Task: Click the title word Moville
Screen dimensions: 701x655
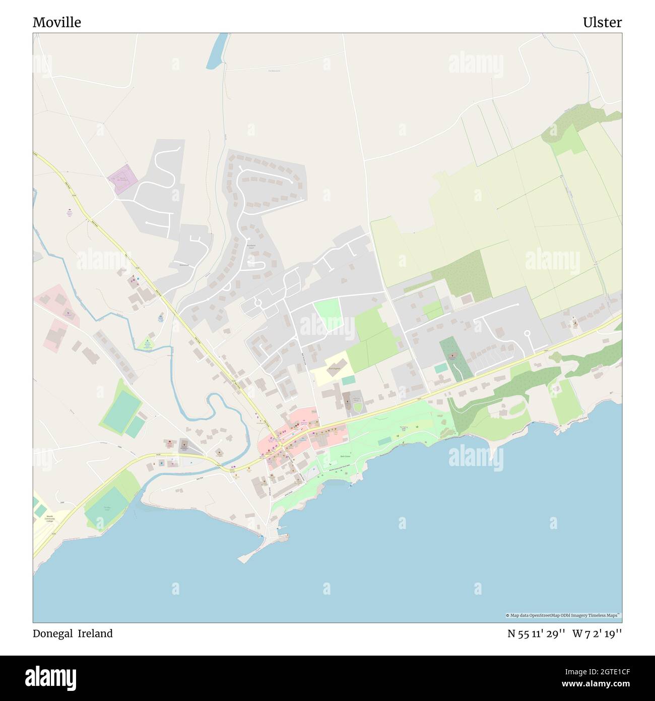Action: (57, 23)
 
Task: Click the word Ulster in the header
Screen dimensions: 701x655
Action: (602, 23)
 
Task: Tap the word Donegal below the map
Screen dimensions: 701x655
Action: (52, 633)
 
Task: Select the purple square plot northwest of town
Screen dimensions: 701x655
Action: (122, 179)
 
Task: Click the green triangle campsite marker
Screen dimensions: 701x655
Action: (147, 342)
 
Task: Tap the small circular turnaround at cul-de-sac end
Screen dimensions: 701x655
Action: (528, 333)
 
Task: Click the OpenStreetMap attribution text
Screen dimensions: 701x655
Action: (563, 615)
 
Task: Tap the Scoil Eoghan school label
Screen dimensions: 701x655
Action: (335, 369)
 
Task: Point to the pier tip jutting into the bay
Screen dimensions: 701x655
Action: (243, 559)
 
